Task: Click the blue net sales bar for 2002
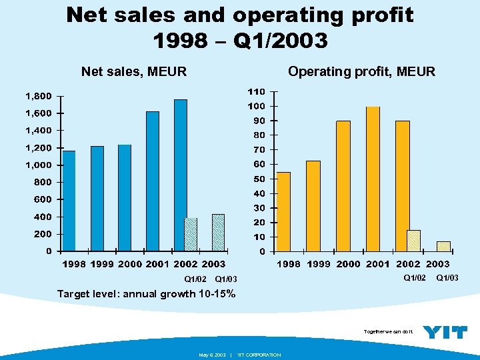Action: point(180,175)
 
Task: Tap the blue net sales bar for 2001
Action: point(153,181)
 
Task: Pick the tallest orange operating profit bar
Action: point(373,179)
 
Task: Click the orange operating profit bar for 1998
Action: point(283,211)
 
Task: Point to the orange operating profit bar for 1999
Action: point(313,206)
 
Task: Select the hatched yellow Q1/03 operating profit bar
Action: point(443,246)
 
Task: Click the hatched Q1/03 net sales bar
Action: point(218,232)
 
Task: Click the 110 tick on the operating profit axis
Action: point(256,91)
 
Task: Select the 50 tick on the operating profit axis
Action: point(259,179)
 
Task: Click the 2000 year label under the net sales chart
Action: point(130,264)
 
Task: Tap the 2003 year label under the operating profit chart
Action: point(438,264)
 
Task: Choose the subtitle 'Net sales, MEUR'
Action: point(133,71)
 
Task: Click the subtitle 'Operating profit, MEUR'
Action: point(361,71)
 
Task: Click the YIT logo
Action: point(445,331)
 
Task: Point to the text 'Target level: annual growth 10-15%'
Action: point(146,293)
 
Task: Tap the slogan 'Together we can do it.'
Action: point(389,331)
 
